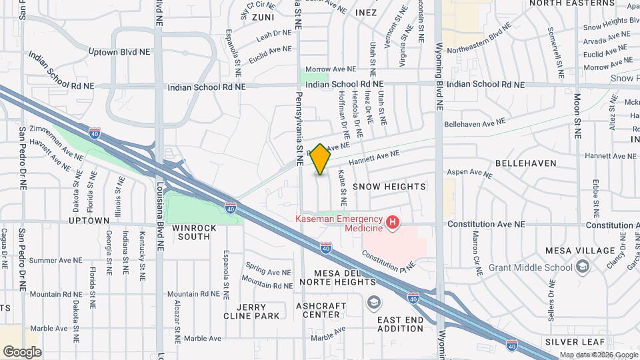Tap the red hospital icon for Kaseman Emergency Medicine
(393, 222)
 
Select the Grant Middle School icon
(583, 267)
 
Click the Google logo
(22, 351)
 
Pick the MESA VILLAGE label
(580, 251)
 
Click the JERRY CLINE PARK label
(251, 311)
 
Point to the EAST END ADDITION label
(400, 324)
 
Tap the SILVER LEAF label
(573, 341)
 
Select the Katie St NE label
(342, 187)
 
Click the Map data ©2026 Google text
(597, 355)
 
